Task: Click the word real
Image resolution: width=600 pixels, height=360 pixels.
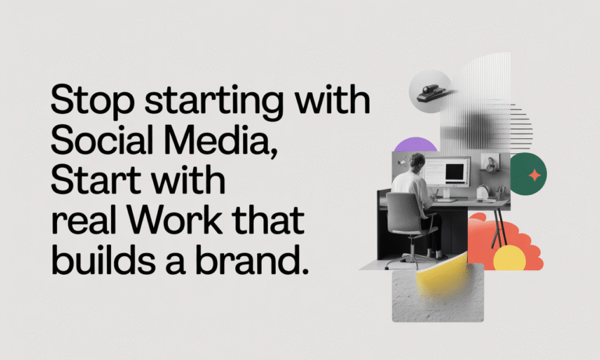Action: click(78, 222)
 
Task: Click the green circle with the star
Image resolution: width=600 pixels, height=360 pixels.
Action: click(529, 175)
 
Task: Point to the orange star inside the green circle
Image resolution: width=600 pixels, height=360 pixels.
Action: click(534, 176)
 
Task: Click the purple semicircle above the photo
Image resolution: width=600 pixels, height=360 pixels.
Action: click(416, 144)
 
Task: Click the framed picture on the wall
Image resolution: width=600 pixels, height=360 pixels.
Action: click(490, 163)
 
